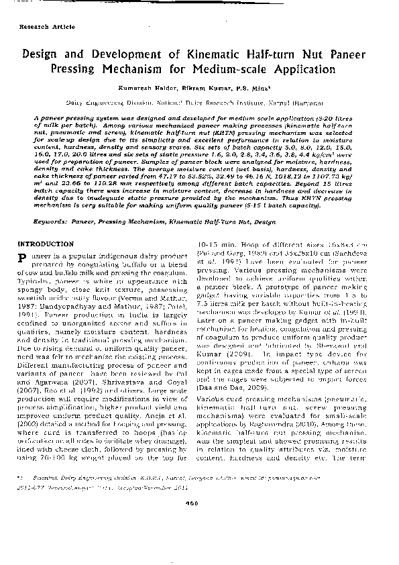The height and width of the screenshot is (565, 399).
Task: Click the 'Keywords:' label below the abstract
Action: [50, 219]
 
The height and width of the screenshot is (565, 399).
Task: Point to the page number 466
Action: [199, 540]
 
